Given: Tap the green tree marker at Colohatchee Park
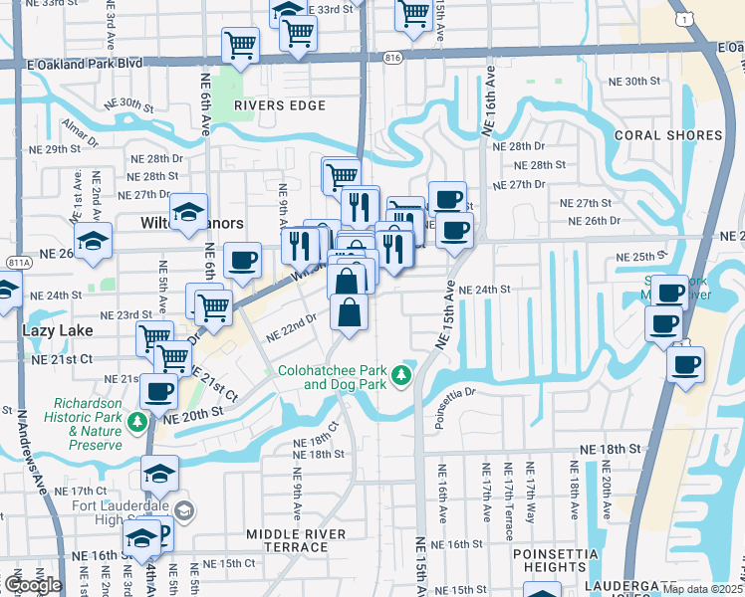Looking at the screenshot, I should pyautogui.click(x=400, y=375).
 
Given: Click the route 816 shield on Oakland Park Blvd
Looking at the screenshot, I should pyautogui.click(x=392, y=59).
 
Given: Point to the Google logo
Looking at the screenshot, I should pyautogui.click(x=33, y=584).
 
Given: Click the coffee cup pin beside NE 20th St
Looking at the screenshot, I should pyautogui.click(x=159, y=392).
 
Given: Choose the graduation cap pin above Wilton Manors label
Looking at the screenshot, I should pyautogui.click(x=187, y=212).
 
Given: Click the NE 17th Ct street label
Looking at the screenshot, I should pyautogui.click(x=88, y=492).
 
